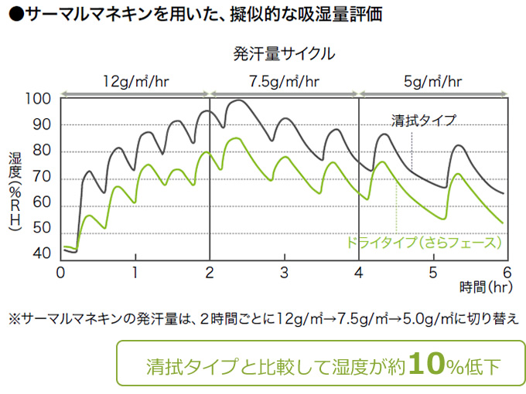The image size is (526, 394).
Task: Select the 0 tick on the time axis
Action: click(x=60, y=273)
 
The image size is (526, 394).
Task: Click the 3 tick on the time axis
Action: click(x=284, y=273)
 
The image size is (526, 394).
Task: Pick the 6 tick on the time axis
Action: click(x=507, y=273)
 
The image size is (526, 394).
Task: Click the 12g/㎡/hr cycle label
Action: click(x=135, y=80)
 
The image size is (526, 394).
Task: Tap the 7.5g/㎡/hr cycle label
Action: click(x=284, y=80)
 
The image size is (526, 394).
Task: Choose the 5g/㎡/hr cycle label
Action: click(x=433, y=80)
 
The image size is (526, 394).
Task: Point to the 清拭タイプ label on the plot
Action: click(x=423, y=121)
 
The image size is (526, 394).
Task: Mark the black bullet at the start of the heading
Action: click(x=15, y=15)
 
